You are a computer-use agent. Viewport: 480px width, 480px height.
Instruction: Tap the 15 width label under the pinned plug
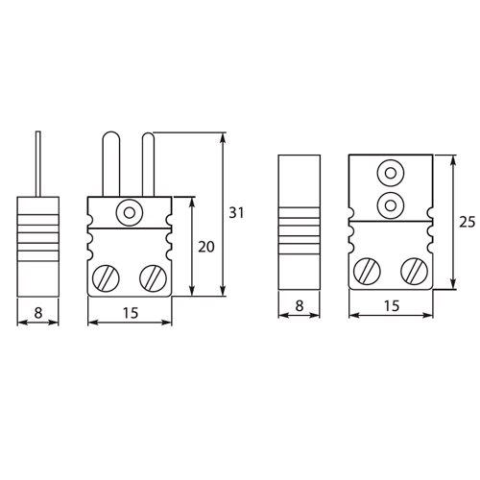[x=129, y=311]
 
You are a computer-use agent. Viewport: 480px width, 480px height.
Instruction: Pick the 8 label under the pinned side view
[x=38, y=311]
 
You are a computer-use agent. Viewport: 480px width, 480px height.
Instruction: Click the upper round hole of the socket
[x=390, y=174]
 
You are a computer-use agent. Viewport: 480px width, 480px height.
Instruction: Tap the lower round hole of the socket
[x=390, y=203]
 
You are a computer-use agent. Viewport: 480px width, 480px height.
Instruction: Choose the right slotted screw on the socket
[x=414, y=272]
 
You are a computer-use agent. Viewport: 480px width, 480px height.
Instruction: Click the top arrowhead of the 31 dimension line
[x=224, y=138]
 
